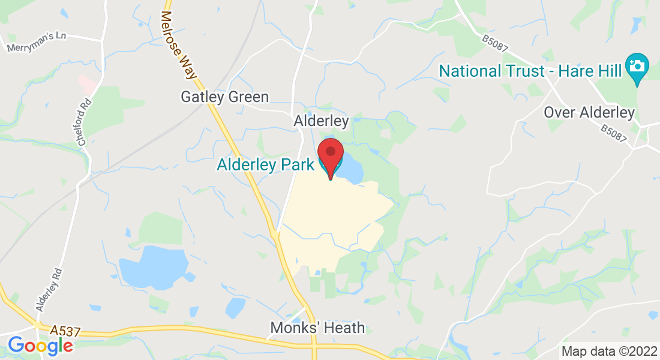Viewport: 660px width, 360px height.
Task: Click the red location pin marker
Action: (x=330, y=154)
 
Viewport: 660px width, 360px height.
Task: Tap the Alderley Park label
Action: (x=265, y=165)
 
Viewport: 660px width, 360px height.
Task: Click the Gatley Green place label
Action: (x=225, y=97)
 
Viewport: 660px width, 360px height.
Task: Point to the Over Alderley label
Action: (x=589, y=112)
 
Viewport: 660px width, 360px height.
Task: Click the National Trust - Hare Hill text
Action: (x=529, y=71)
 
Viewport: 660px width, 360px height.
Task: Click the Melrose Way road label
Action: (x=179, y=45)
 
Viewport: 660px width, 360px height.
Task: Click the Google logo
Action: (x=40, y=346)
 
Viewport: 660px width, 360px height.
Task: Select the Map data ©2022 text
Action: (x=608, y=351)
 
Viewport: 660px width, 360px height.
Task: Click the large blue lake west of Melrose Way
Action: (x=153, y=267)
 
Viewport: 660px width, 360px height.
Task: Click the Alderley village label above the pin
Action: (x=321, y=121)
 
